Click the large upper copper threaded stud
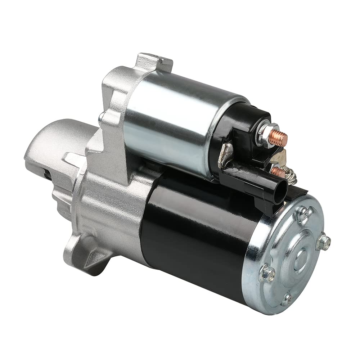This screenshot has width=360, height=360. (279, 136)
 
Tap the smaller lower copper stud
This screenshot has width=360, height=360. (278, 171)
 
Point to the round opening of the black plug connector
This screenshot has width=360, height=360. (280, 190)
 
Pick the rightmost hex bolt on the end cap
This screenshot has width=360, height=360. (324, 242)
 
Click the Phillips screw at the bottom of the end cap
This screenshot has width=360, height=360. (287, 298)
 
